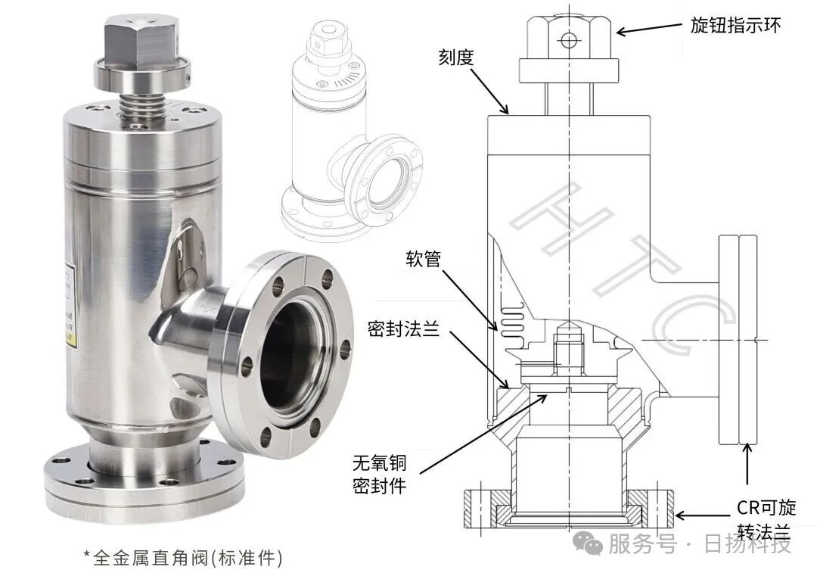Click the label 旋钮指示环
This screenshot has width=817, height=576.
tap(735, 25)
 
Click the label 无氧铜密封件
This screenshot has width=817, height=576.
tap(380, 473)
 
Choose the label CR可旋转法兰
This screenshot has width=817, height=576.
tap(766, 518)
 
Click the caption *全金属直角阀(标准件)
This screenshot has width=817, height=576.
tap(183, 558)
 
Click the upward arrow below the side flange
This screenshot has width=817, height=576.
tap(748, 463)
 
